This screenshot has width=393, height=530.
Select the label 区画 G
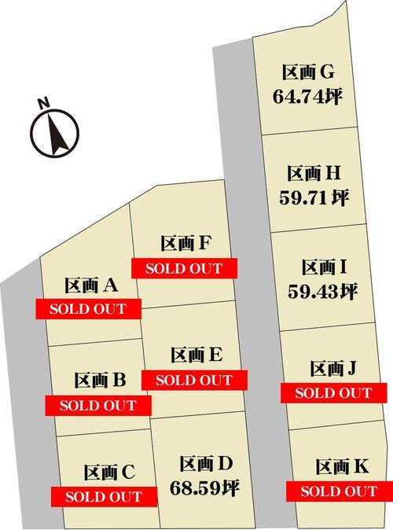pyautogui.click(x=309, y=73)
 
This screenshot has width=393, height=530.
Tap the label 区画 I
pyautogui.click(x=318, y=268)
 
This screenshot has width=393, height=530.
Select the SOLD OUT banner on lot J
pyautogui.click(x=332, y=392)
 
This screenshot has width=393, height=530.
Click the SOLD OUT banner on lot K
pyautogui.click(x=339, y=491)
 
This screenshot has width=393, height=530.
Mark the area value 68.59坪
pyautogui.click(x=204, y=488)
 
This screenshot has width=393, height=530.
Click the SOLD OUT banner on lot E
pyautogui.click(x=194, y=380)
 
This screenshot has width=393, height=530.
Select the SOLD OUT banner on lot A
pyautogui.click(x=88, y=308)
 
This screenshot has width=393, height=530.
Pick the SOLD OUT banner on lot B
pyautogui.click(x=97, y=406)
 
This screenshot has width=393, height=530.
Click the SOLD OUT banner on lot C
pyautogui.click(x=103, y=497)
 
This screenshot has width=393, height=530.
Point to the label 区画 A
pyautogui.click(x=91, y=285)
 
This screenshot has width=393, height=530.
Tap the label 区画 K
pyautogui.click(x=342, y=467)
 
